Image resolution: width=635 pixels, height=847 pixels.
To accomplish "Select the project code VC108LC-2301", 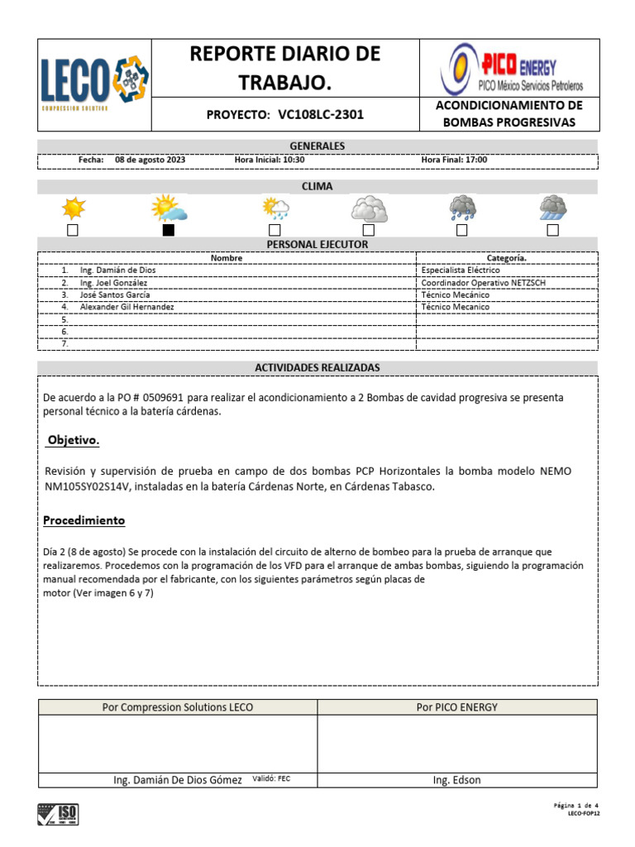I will tap(322, 115).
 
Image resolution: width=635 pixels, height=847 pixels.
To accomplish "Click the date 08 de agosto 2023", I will tap(151, 160).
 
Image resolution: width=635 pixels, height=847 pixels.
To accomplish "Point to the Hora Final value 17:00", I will tap(475, 160).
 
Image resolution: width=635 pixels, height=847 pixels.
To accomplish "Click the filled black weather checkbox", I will tap(169, 230).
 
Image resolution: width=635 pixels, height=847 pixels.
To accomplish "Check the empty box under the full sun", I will tap(73, 230).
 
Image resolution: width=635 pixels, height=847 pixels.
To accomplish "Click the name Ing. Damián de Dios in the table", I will tap(117, 270).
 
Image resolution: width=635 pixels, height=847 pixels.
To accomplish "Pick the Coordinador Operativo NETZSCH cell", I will tap(483, 283).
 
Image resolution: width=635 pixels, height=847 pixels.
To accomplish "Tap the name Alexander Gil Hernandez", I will tap(127, 307).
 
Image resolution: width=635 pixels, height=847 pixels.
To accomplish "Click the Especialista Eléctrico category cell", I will tap(461, 270).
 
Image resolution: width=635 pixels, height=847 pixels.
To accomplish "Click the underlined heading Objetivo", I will tap(74, 441).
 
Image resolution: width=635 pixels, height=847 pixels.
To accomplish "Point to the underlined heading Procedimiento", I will tap(84, 521).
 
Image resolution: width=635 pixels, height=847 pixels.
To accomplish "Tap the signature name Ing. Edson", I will tap(456, 780).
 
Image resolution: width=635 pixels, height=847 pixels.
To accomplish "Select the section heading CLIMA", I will tap(317, 186).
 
